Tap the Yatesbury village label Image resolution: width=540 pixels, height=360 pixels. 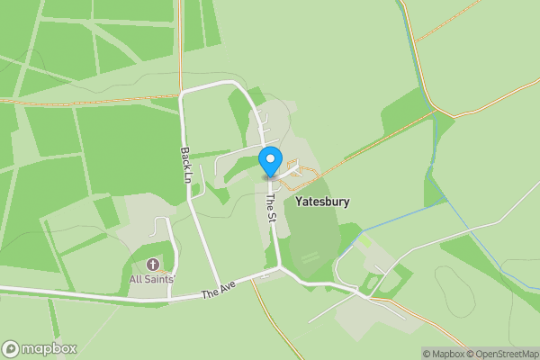(x=321, y=202)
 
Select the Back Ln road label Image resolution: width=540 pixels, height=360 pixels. (x=184, y=162)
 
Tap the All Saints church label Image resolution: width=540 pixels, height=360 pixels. (x=151, y=279)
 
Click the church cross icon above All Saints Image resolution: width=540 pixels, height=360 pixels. (x=151, y=265)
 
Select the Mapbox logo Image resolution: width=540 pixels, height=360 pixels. (x=40, y=349)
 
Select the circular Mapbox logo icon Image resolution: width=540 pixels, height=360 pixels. (x=11, y=349)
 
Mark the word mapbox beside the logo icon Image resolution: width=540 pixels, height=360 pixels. (x=49, y=349)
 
